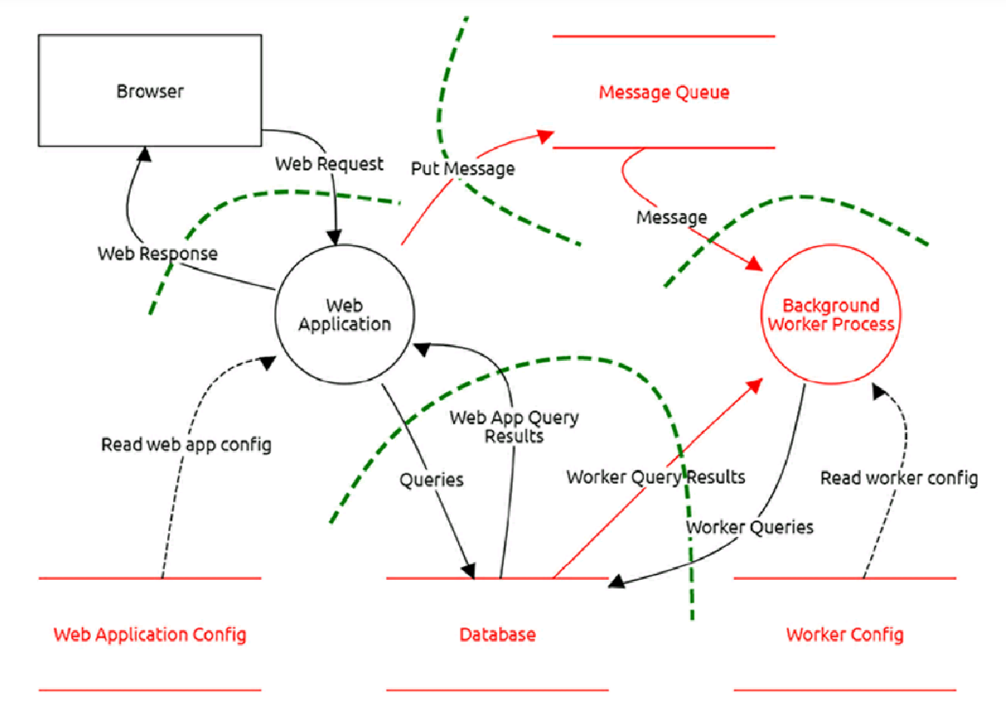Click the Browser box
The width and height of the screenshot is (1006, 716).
point(150,90)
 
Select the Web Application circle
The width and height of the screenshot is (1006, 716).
point(344,315)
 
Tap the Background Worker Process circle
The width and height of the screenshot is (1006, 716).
point(831,315)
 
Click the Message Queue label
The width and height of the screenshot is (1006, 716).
point(664,92)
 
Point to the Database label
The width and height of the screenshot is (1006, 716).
point(497,635)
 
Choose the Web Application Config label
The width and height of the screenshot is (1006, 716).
point(150,635)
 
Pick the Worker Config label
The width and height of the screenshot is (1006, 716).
point(845,635)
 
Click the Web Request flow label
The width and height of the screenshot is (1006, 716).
point(329,163)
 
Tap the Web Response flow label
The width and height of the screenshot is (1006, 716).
point(157,254)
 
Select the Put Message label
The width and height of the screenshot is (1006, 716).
point(463,169)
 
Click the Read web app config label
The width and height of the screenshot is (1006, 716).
point(186,445)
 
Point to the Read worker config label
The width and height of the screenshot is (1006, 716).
point(899,479)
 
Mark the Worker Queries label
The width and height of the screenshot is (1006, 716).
point(750,527)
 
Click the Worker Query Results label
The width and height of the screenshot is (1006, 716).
point(656,477)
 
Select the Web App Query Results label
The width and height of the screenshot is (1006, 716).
point(514,427)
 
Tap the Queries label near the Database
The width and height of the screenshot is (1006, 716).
point(432,480)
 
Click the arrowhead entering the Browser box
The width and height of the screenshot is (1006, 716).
point(145,154)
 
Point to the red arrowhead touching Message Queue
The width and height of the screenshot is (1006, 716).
point(546,136)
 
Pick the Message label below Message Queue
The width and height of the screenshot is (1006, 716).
point(671,217)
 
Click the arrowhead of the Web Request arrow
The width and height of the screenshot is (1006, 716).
point(334,237)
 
